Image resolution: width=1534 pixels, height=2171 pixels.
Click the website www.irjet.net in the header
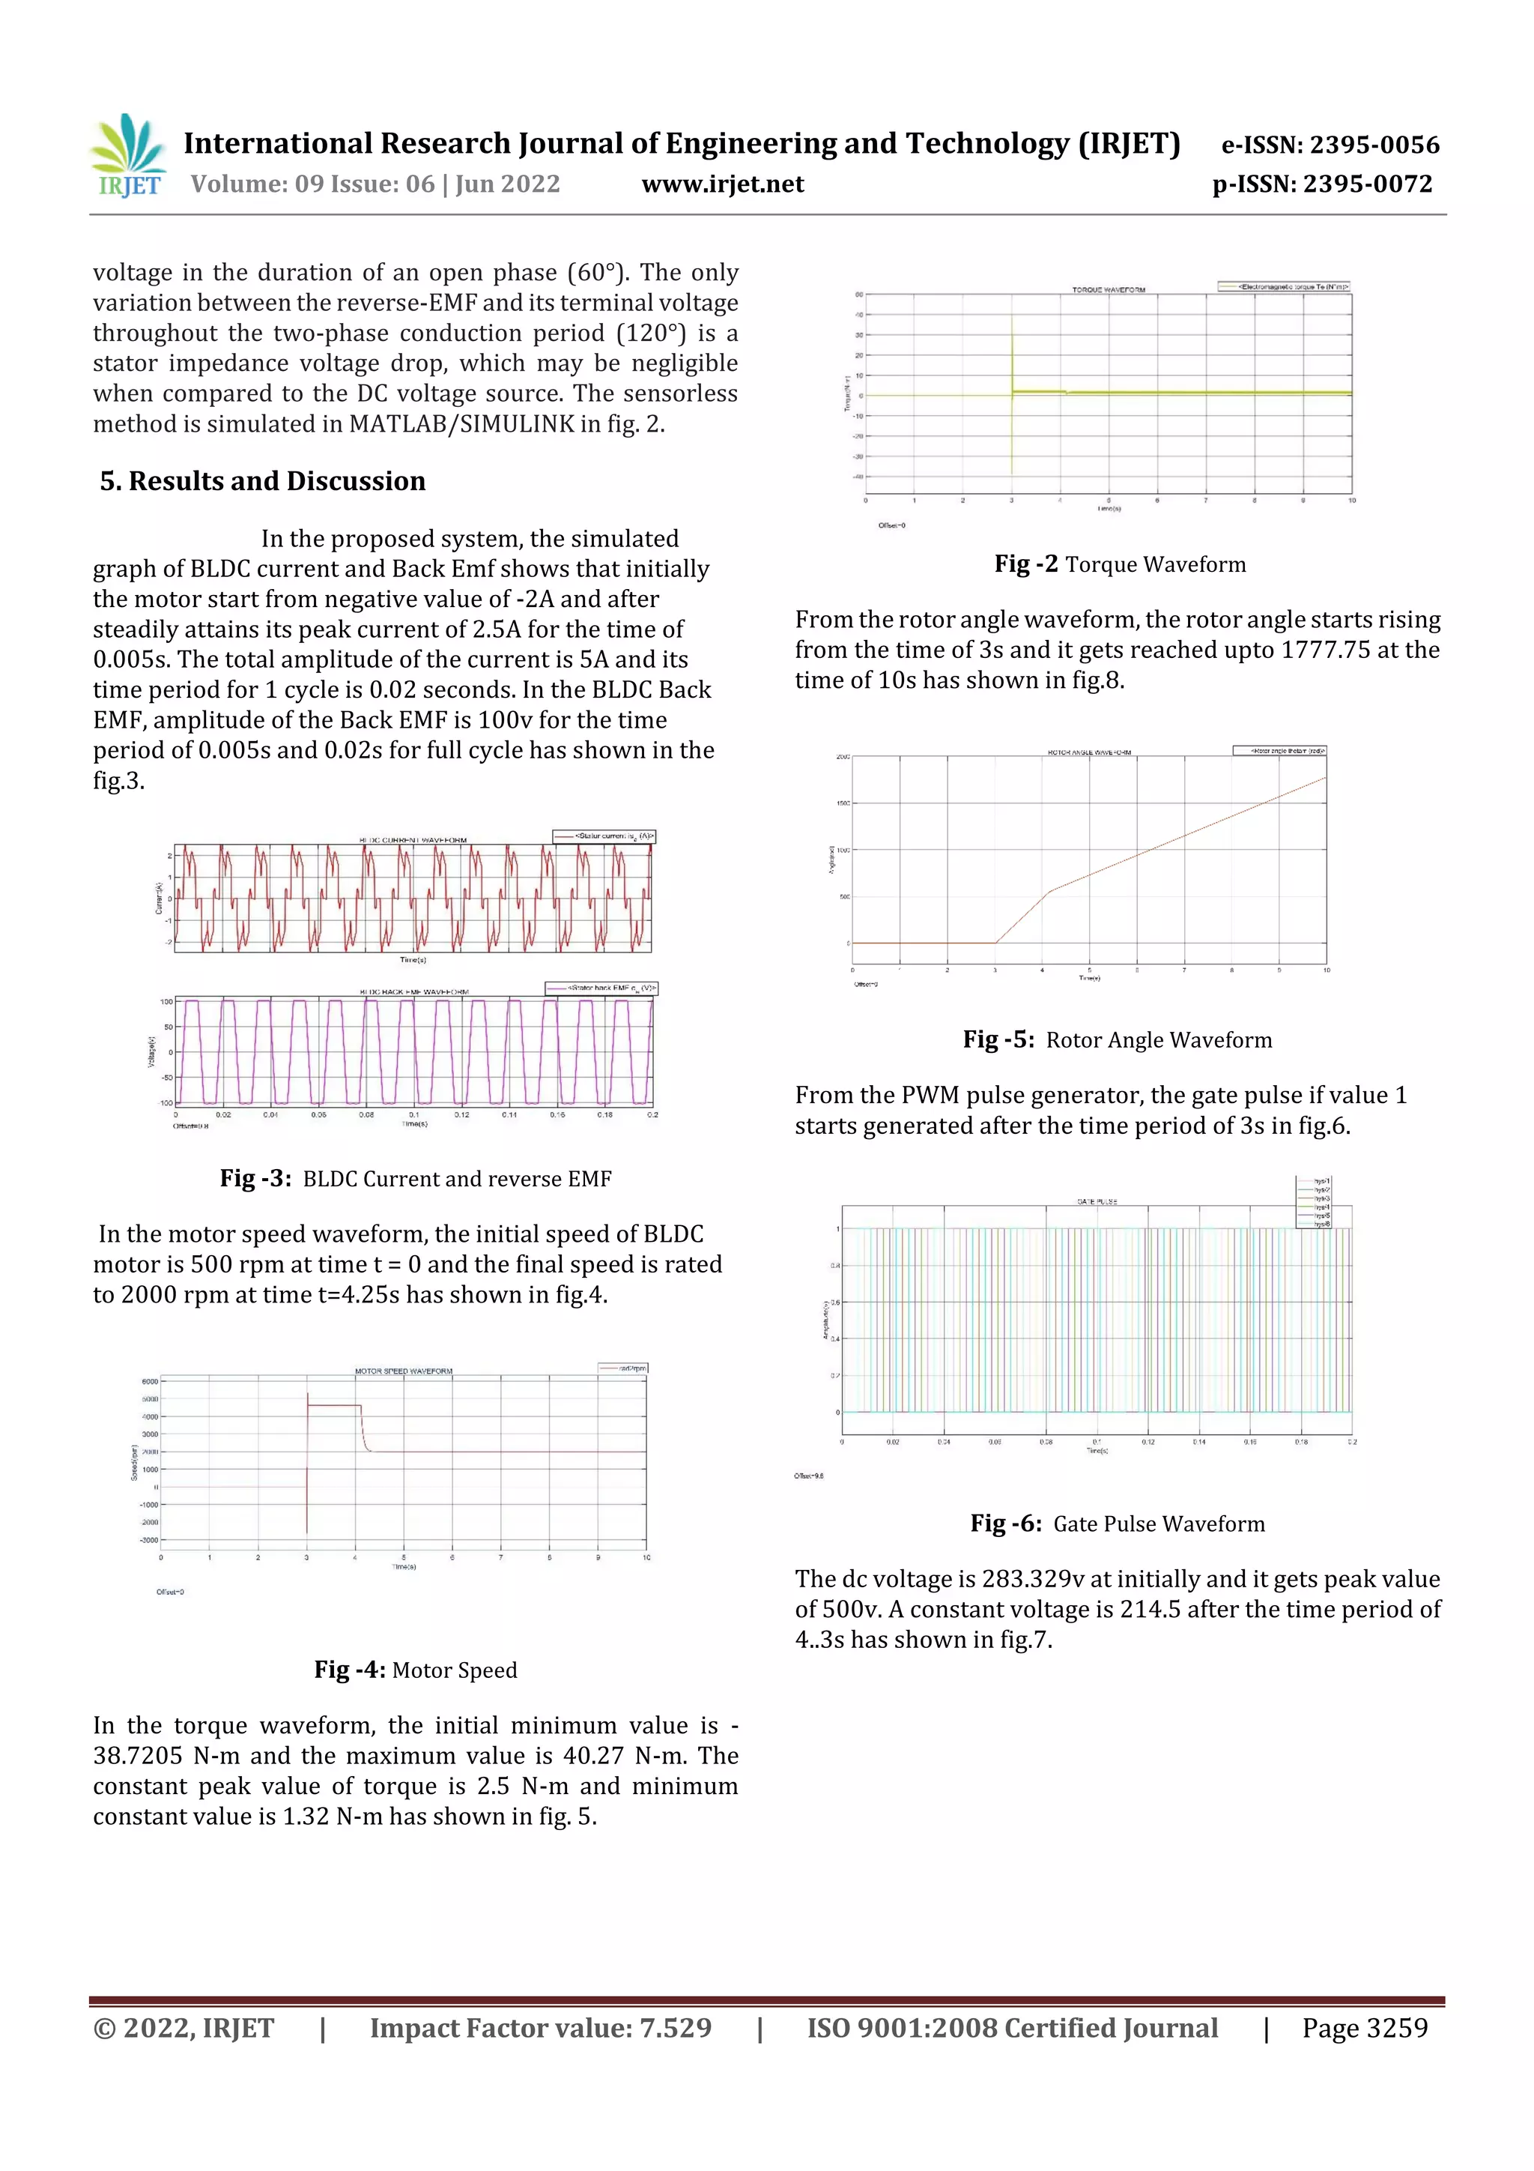(x=722, y=184)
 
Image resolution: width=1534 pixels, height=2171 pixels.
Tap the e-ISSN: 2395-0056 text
(x=1330, y=145)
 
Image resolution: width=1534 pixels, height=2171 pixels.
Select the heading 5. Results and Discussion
(x=263, y=481)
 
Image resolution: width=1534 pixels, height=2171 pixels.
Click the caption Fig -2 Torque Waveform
(x=1119, y=564)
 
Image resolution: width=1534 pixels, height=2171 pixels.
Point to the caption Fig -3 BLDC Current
(x=415, y=1179)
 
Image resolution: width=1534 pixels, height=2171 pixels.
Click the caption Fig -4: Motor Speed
(x=415, y=1670)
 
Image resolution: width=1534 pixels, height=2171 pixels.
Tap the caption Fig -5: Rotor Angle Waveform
(x=1118, y=1040)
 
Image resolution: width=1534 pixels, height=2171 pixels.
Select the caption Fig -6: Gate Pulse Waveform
(x=1118, y=1524)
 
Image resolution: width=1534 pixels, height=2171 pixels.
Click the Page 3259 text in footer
(x=1364, y=2028)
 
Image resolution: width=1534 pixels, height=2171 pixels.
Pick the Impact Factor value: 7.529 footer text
(x=540, y=2028)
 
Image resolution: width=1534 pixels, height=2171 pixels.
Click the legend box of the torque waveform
(x=1284, y=286)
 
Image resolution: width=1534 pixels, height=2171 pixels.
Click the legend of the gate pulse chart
(x=1314, y=1203)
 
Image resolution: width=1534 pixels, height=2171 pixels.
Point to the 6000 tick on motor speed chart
(x=149, y=1381)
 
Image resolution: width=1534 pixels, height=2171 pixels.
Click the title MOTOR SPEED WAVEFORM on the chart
(x=404, y=1371)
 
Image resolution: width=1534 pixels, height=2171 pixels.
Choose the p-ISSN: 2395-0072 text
(x=1321, y=184)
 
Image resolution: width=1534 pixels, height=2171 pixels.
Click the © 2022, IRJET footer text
(x=184, y=2028)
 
